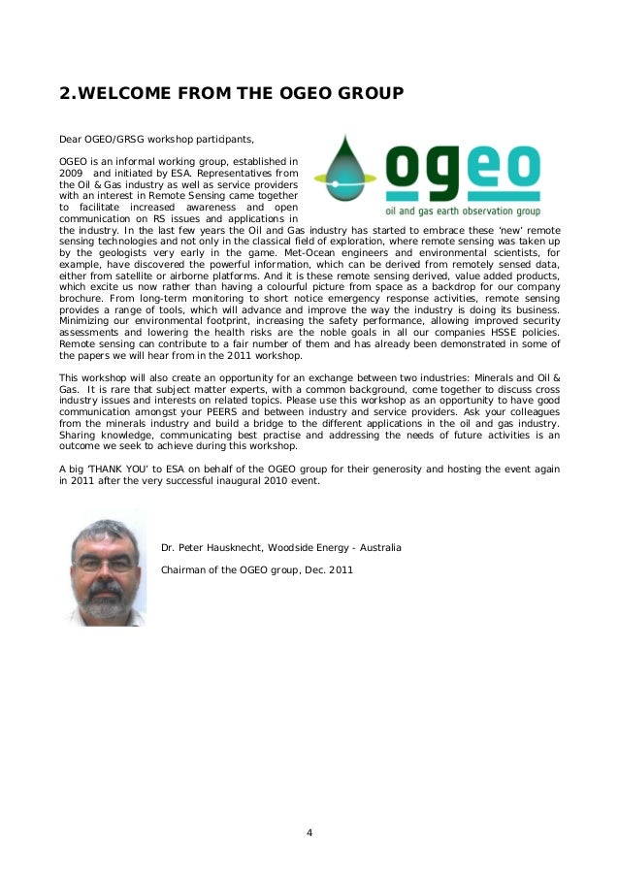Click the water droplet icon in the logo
click(x=340, y=171)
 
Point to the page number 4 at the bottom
click(x=309, y=831)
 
